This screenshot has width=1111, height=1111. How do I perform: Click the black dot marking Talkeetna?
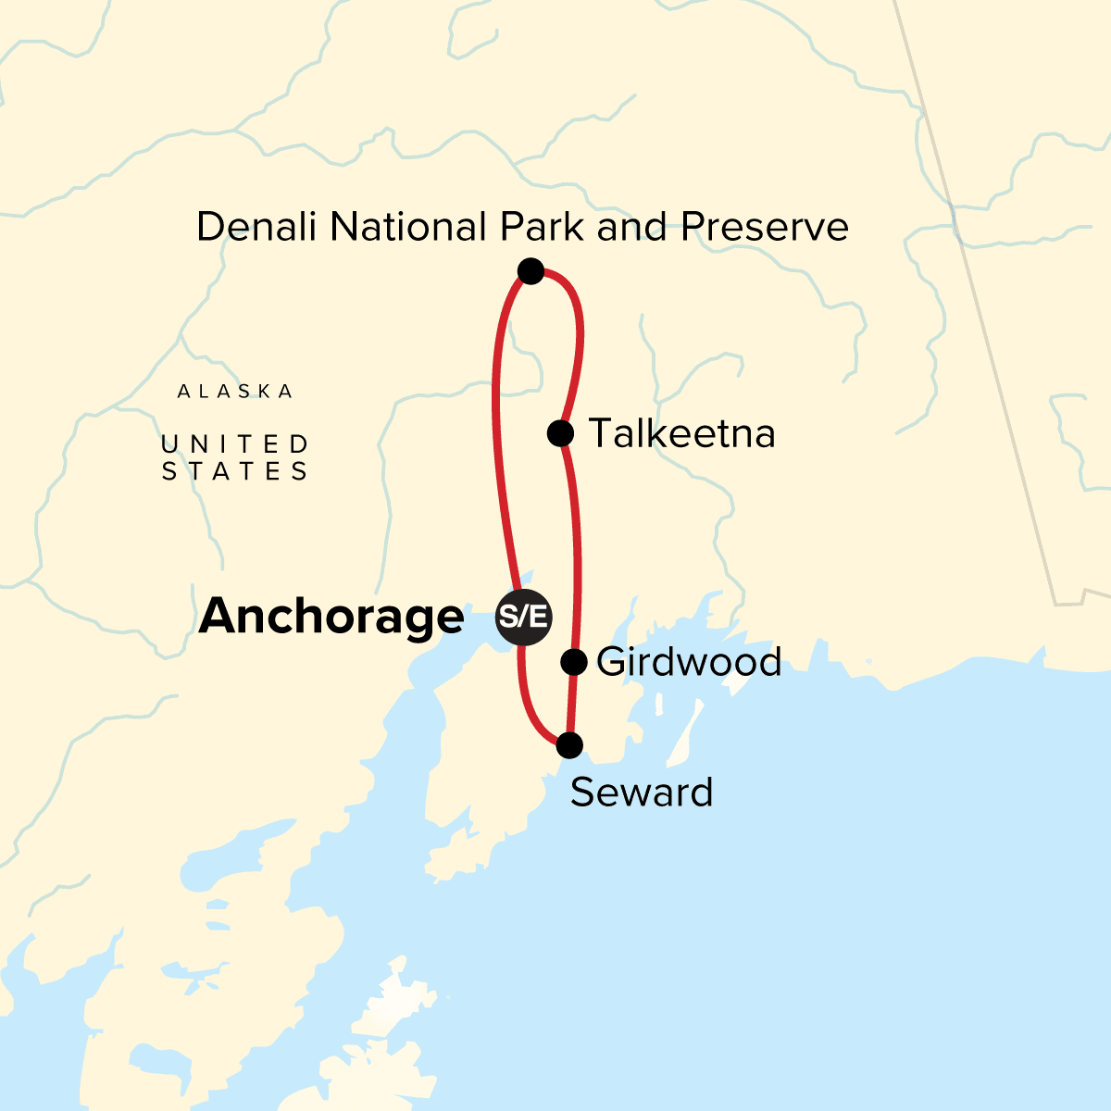pos(560,432)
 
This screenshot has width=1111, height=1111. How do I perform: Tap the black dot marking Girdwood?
pos(574,661)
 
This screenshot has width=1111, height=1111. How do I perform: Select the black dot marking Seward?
pos(569,744)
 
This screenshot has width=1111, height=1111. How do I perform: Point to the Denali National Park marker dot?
pos(531,271)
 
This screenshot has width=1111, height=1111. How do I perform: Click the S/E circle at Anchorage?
pos(524,617)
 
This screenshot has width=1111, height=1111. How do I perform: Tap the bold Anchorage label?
pos(331,617)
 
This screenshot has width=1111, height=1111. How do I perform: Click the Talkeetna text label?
pos(681,433)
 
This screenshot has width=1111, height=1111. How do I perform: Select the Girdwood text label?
pos(689,662)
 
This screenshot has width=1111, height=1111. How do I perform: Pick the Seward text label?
pos(642,793)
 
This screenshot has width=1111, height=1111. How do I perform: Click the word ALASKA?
pos(235,392)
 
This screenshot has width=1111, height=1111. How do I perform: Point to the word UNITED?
pos(235,445)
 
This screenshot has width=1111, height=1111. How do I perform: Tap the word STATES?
pos(235,472)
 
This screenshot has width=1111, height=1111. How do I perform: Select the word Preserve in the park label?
pos(765,227)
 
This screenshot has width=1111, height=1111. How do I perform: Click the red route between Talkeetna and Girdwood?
pos(579,546)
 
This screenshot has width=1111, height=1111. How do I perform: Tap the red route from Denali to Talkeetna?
pos(580,333)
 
